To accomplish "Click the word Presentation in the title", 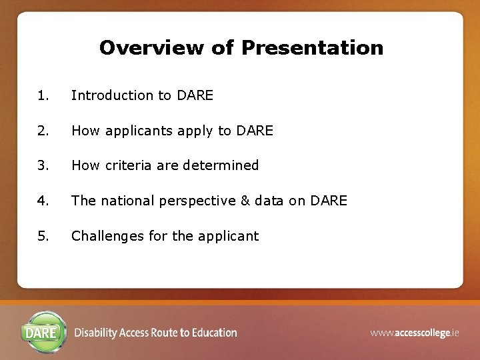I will click(312, 48).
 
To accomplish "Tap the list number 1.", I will click(43, 95).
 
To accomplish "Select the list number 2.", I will click(43, 131).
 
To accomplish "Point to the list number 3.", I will click(43, 165).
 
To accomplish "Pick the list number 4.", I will click(43, 201).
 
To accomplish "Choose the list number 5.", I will click(43, 236).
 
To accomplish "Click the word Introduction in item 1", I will click(112, 95).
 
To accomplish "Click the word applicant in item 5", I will click(229, 237).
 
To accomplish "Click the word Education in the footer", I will click(214, 333).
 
